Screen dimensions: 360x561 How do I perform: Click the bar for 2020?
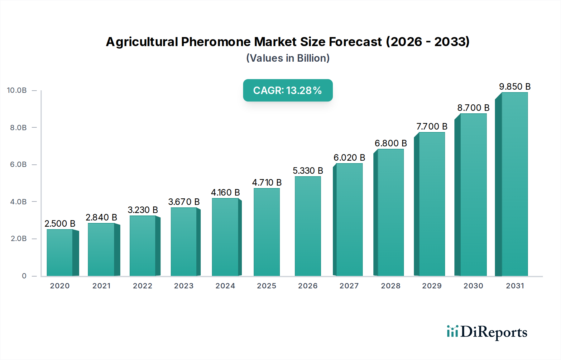(x=60, y=253)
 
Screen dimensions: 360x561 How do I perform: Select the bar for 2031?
(x=515, y=184)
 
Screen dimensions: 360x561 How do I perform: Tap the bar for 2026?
(x=308, y=226)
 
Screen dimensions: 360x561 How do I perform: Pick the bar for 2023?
(x=184, y=242)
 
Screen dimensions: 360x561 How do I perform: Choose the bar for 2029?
(x=432, y=204)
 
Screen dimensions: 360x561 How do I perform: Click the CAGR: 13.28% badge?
(x=288, y=90)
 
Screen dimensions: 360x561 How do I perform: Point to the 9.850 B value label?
(x=515, y=87)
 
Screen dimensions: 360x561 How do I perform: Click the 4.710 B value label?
(x=267, y=182)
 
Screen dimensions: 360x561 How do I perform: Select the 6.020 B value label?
(x=349, y=158)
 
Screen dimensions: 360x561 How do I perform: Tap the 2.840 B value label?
(x=101, y=217)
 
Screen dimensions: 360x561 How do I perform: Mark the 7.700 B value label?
(x=432, y=126)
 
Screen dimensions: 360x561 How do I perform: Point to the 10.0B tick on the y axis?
(x=17, y=90)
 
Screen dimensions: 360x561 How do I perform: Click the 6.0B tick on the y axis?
(x=18, y=164)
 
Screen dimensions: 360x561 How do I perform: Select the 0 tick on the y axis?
(x=24, y=276)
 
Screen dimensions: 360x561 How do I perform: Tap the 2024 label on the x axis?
(x=225, y=286)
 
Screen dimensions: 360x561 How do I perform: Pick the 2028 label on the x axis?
(x=391, y=286)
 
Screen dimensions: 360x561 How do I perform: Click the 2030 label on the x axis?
(x=473, y=286)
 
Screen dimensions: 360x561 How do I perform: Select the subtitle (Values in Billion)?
(x=288, y=58)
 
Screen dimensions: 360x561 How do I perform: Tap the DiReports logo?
(x=487, y=332)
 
